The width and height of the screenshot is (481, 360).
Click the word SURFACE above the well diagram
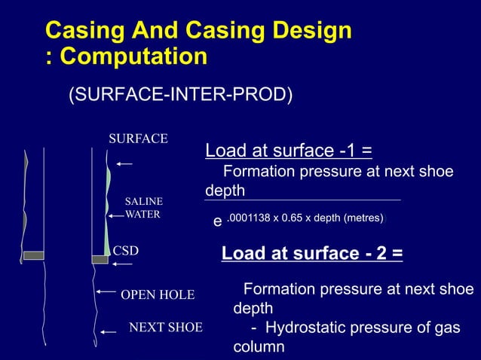pos(138,139)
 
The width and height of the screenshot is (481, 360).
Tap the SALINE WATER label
pos(143,208)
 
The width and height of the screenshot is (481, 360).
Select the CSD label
pos(125,250)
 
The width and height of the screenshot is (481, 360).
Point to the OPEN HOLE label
pos(158,294)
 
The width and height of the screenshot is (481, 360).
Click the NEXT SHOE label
pos(166,328)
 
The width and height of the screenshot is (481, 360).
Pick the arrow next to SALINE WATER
pos(115,216)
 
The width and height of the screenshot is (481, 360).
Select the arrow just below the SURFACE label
pos(124,163)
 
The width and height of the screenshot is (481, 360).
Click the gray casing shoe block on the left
pos(34,255)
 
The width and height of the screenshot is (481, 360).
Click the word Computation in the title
pos(133,56)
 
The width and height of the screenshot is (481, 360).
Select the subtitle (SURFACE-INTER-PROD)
pos(181,96)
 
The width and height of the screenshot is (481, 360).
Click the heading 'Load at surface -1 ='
pos(289,151)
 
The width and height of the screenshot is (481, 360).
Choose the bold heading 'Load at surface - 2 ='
pos(311,255)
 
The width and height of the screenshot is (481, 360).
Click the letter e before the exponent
pos(217,222)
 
